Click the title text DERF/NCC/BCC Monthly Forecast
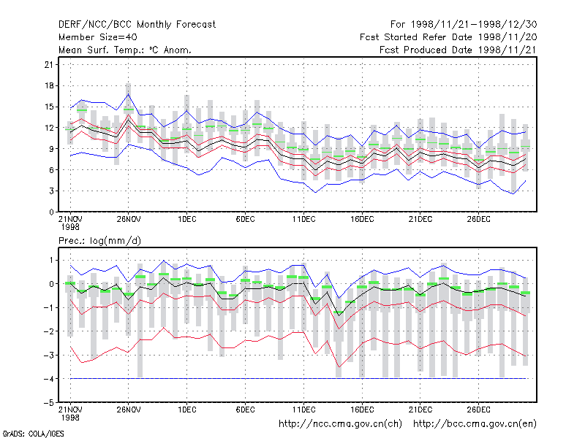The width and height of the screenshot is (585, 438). click(x=137, y=25)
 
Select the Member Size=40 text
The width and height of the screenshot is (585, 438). click(x=98, y=37)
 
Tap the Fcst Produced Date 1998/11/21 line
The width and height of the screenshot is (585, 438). click(x=458, y=50)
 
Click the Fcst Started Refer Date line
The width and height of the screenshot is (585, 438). click(x=448, y=37)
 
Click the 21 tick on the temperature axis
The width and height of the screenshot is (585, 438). click(x=49, y=65)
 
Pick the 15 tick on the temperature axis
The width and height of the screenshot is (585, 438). click(x=49, y=107)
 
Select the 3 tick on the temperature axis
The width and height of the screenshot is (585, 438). click(x=51, y=191)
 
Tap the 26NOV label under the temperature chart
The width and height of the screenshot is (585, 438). click(x=129, y=220)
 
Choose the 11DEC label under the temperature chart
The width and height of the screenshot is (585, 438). click(x=303, y=220)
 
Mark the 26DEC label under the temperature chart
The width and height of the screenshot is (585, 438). click(x=478, y=220)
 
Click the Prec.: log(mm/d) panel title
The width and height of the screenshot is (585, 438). click(x=99, y=241)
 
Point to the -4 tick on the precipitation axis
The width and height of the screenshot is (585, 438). click(x=48, y=379)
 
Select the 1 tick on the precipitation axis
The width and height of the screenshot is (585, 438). click(x=51, y=261)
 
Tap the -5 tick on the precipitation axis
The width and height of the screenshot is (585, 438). click(x=48, y=403)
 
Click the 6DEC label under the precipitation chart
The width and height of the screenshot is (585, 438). click(x=245, y=410)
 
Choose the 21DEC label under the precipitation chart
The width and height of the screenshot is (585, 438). click(x=420, y=410)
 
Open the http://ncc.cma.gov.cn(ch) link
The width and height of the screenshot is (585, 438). click(x=340, y=424)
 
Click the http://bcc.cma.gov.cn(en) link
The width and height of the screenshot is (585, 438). click(x=475, y=424)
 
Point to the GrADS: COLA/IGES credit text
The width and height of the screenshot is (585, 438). click(x=33, y=434)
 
